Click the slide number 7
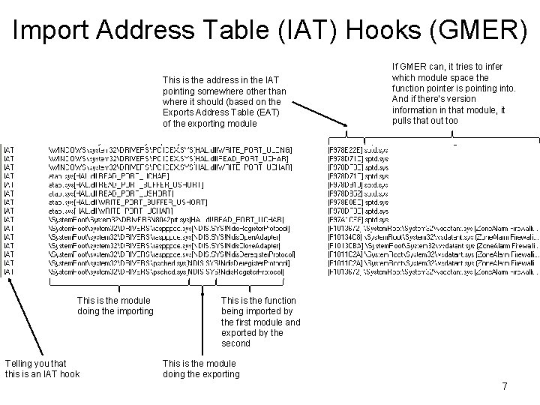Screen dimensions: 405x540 pyautogui.click(x=505, y=387)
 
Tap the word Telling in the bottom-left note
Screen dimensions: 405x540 pyautogui.click(x=21, y=364)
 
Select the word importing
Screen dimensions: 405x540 pyautogui.click(x=127, y=311)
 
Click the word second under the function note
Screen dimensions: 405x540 pyautogui.click(x=237, y=343)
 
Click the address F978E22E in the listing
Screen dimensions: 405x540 pyautogui.click(x=346, y=150)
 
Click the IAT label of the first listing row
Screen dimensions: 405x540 pyautogui.click(x=8, y=150)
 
